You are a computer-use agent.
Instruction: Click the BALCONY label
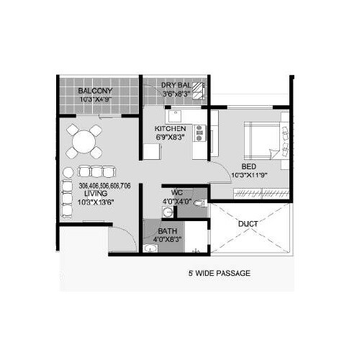pyautogui.click(x=94, y=91)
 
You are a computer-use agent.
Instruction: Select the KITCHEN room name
pyautogui.click(x=171, y=129)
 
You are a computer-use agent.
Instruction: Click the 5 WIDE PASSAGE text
pyautogui.click(x=219, y=274)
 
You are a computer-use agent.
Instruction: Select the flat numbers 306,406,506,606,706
pyautogui.click(x=104, y=186)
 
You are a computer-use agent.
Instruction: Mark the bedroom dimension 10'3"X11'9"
pyautogui.click(x=249, y=175)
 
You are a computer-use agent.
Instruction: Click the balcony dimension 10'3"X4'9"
pyautogui.click(x=94, y=99)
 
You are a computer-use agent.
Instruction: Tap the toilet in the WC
pyautogui.click(x=199, y=204)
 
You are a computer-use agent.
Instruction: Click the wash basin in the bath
pyautogui.click(x=150, y=248)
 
